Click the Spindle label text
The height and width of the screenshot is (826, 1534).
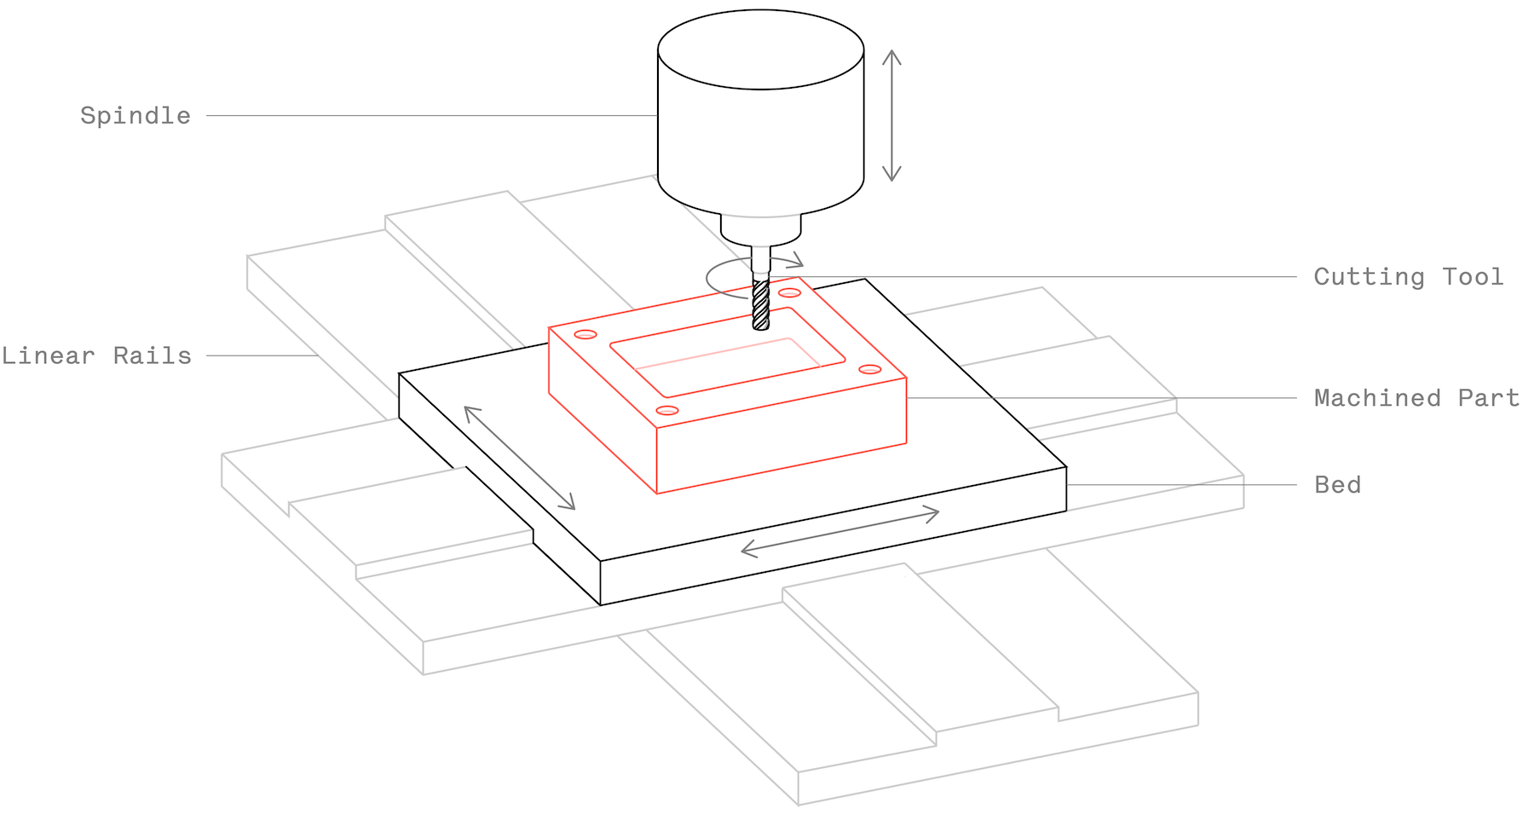coord(136,116)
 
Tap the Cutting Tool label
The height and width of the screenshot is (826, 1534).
coord(1408,277)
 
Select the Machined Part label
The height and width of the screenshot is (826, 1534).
coord(1416,398)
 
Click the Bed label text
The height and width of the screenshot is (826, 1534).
coord(1337,485)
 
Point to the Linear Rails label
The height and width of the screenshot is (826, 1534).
coord(96,355)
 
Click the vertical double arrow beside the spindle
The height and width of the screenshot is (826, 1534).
coord(891,115)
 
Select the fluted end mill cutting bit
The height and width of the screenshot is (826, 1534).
coord(761,304)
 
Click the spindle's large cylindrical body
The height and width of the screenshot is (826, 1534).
coord(760,128)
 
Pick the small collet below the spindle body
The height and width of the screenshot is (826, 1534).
coord(760,229)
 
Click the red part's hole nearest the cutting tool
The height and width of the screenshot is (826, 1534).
coord(789,293)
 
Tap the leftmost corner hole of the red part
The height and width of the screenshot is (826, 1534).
coord(585,334)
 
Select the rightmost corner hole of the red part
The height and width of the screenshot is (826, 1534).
coord(869,369)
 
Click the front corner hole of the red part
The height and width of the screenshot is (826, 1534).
coord(667,411)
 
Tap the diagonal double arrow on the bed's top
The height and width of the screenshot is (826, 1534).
coord(519,458)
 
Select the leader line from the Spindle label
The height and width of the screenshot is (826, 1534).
coord(426,116)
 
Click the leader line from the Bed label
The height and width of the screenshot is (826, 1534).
coord(1180,485)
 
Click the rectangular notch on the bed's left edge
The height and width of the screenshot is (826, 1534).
coord(499,503)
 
